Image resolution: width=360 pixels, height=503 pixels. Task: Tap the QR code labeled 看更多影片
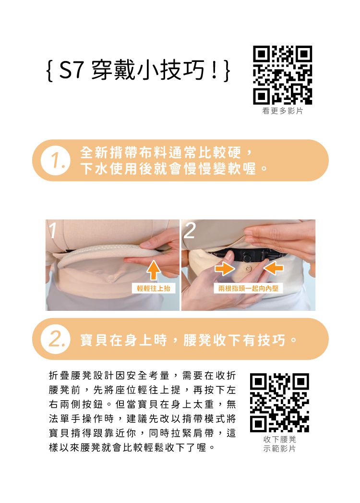point(282,75)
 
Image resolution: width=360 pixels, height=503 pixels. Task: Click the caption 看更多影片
point(282,111)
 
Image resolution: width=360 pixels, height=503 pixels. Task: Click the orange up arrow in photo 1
point(153,270)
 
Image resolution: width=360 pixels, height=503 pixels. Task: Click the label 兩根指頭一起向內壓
point(248,288)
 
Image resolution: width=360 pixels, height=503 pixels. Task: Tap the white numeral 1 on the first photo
point(52,232)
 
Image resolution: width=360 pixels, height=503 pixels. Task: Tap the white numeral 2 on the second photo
point(190,232)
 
